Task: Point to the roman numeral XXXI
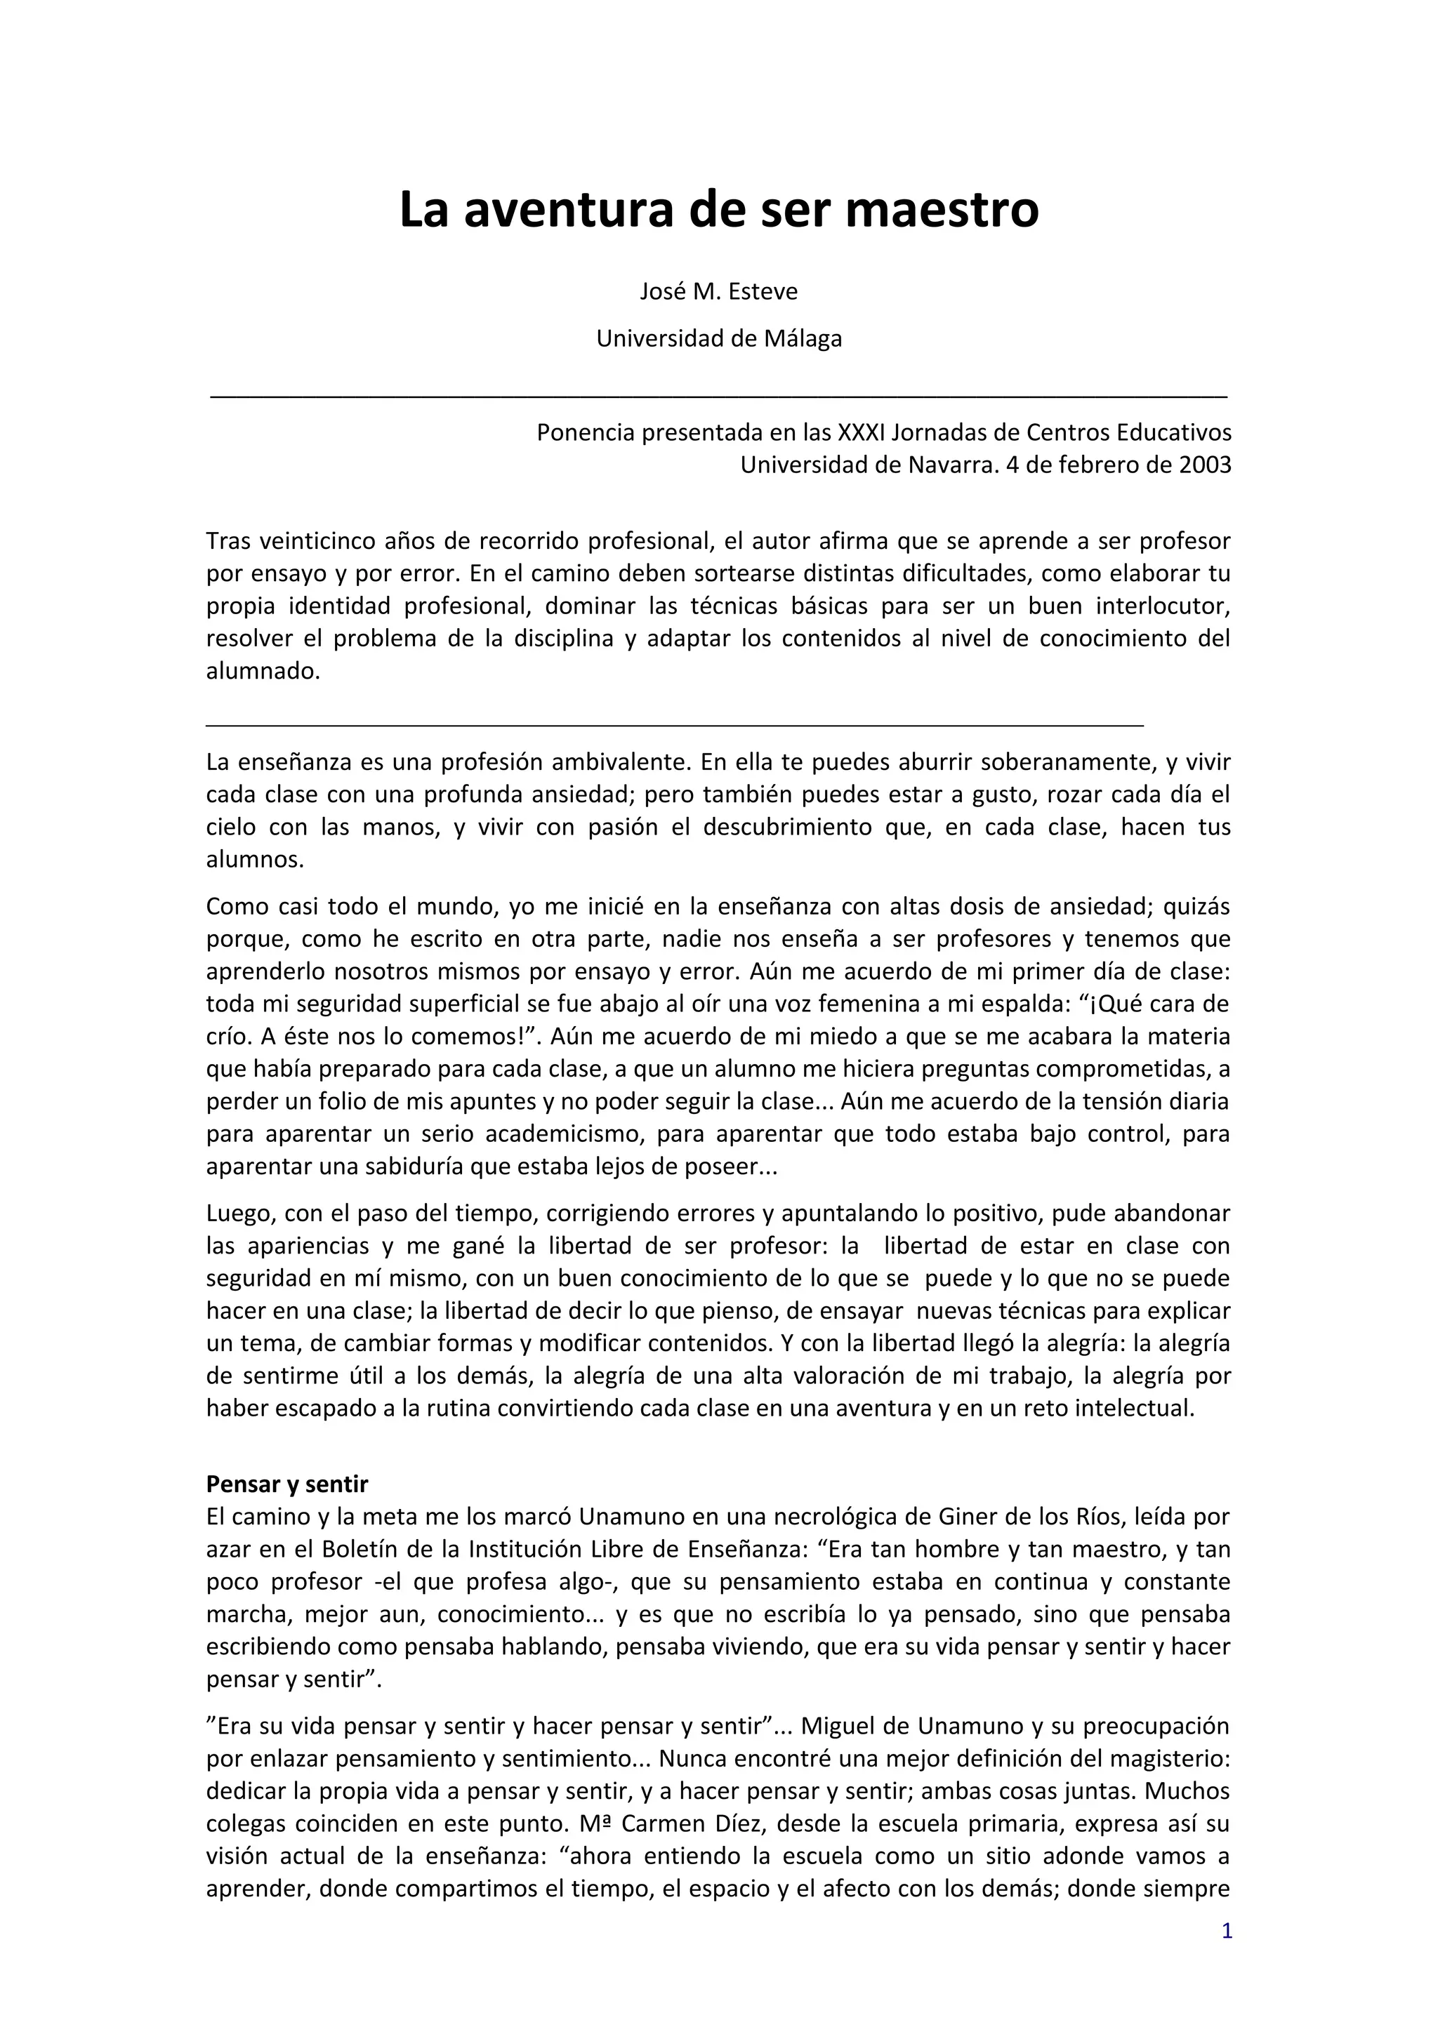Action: [862, 432]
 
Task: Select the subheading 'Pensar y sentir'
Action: [287, 1484]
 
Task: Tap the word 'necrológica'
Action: [837, 1517]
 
